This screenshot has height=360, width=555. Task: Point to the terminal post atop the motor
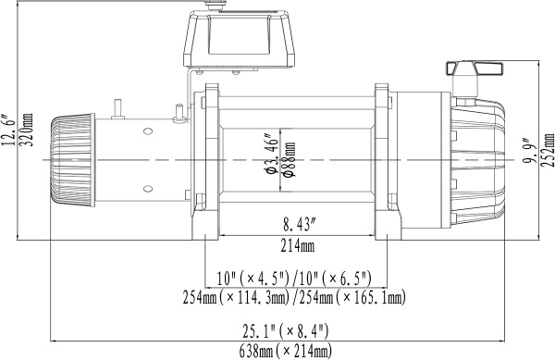point(117,108)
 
